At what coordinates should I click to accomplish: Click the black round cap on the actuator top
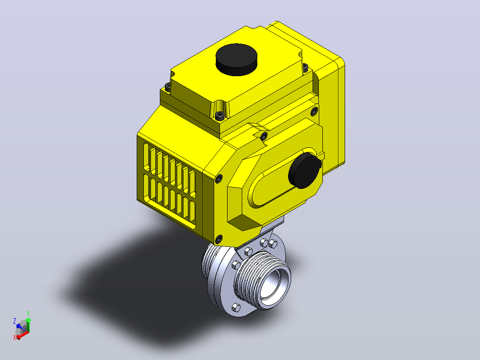pyautogui.click(x=236, y=59)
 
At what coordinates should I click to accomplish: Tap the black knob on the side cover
pyautogui.click(x=305, y=171)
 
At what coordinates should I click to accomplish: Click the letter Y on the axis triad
pyautogui.click(x=28, y=313)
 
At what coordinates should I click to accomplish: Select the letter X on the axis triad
pyautogui.click(x=14, y=337)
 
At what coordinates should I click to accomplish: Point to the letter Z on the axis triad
pyautogui.click(x=14, y=321)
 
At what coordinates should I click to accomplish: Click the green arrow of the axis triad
pyautogui.click(x=28, y=324)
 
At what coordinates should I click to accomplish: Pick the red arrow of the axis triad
pyautogui.click(x=22, y=335)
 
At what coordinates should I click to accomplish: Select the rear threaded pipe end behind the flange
pyautogui.click(x=209, y=261)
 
